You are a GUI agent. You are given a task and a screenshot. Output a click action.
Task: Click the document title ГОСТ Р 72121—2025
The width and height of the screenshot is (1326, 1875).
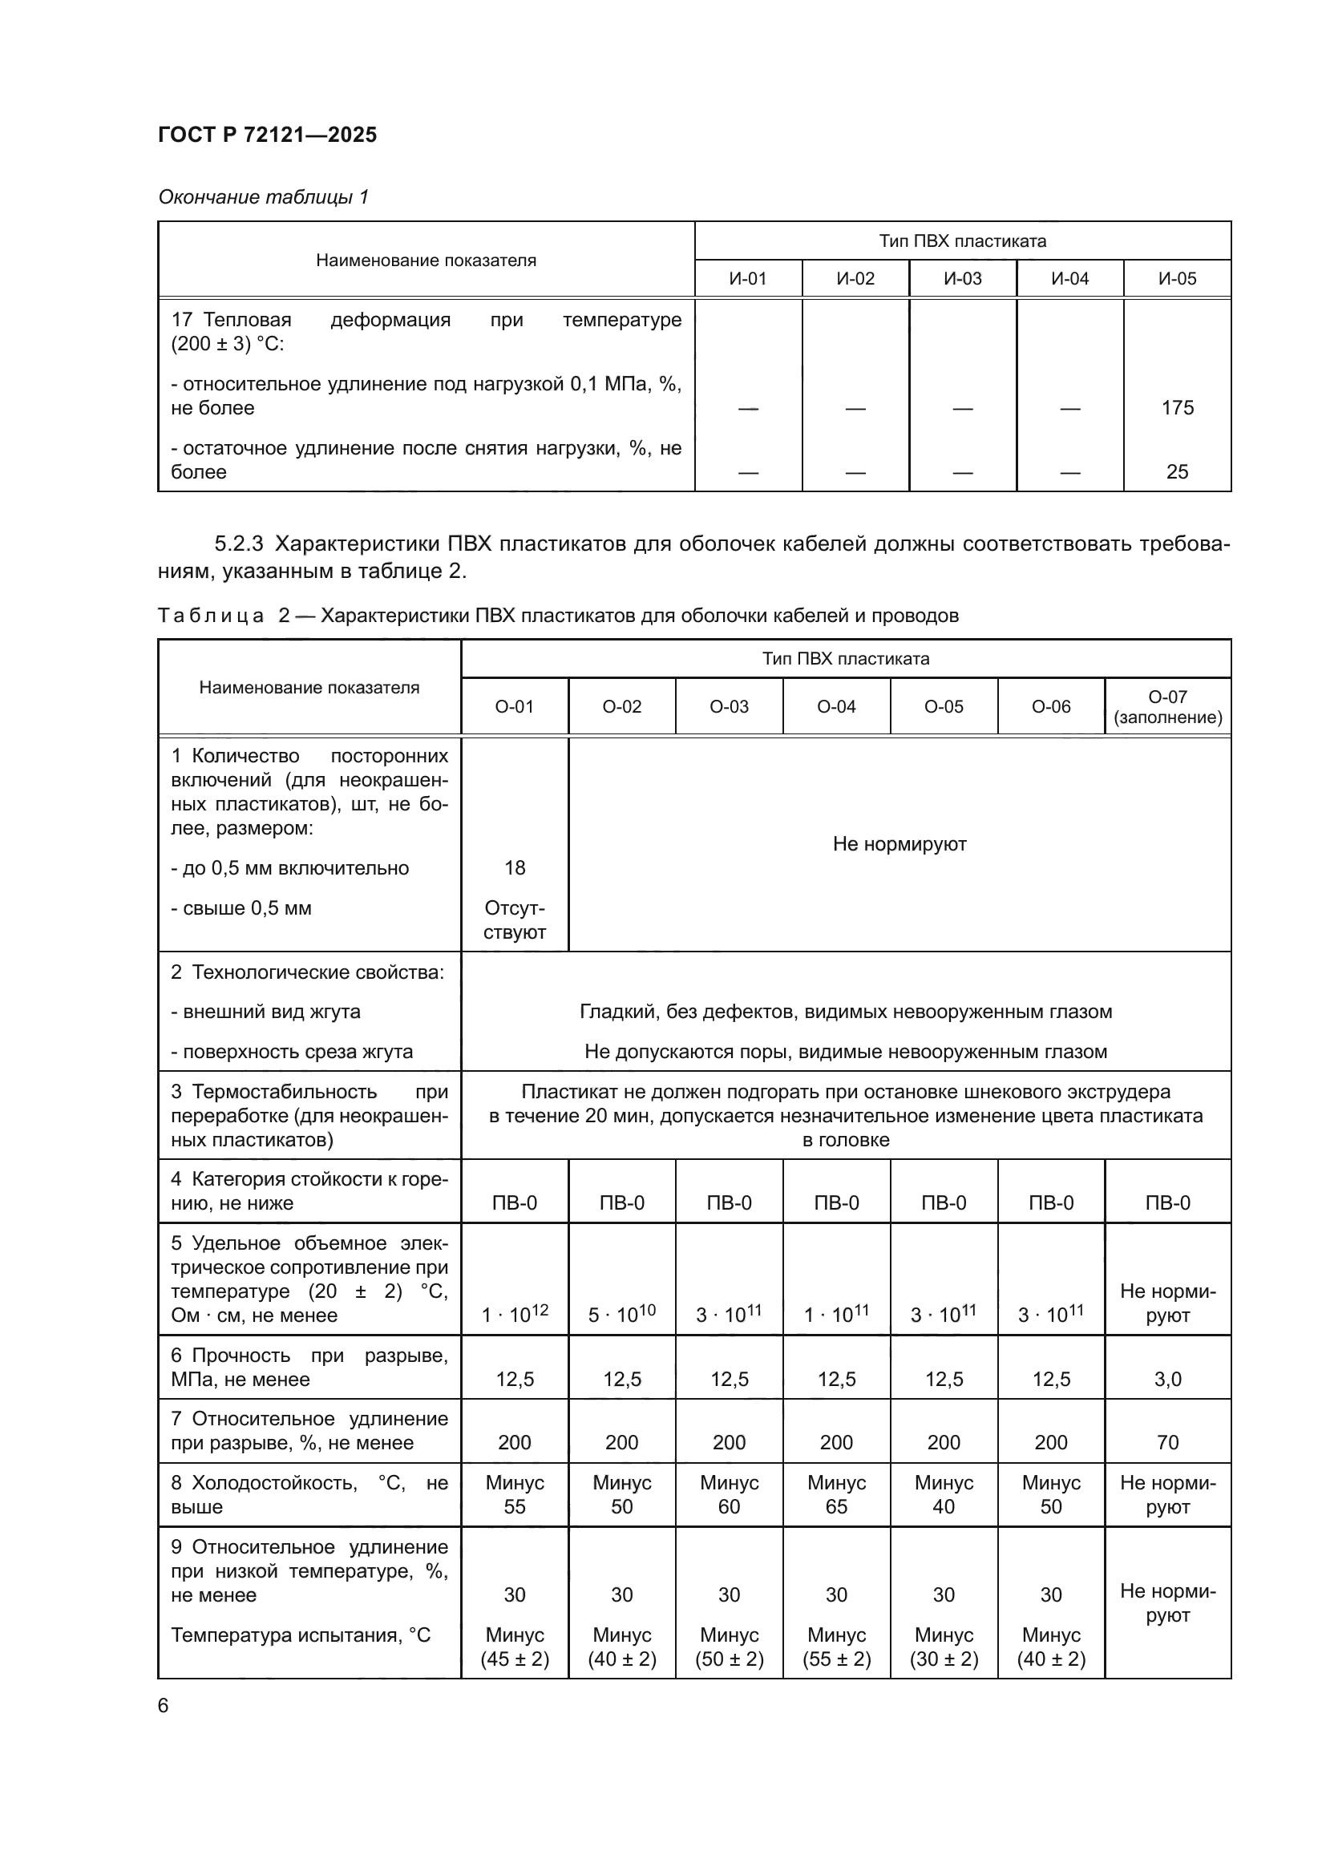coord(267,135)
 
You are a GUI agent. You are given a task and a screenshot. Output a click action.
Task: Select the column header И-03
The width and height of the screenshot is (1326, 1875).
coord(962,278)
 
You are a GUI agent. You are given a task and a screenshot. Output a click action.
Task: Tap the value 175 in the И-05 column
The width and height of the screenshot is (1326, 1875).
coord(1177,407)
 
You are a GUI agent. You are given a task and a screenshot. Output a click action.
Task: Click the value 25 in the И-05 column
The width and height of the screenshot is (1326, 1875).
coord(1177,471)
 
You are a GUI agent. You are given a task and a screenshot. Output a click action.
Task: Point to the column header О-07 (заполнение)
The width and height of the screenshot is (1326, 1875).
coord(1166,706)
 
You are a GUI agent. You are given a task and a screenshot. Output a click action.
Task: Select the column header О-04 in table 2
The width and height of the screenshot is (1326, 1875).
coord(836,706)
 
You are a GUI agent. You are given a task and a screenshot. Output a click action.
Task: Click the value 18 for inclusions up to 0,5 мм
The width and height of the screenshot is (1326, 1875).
coord(515,867)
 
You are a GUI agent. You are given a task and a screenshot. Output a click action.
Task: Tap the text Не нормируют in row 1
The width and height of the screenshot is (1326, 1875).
coord(899,843)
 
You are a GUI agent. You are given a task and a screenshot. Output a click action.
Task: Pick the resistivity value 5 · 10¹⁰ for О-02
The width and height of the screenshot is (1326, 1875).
coord(621,1314)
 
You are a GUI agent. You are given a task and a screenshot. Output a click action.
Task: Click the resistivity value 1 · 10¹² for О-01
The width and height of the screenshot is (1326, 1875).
coord(515,1314)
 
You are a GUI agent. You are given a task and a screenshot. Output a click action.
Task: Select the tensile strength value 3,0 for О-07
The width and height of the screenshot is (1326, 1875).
coord(1166,1380)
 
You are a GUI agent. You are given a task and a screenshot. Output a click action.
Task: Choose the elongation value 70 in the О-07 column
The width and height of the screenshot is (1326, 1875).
coord(1166,1442)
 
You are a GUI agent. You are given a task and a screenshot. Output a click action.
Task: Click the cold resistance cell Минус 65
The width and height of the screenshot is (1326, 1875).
coord(836,1494)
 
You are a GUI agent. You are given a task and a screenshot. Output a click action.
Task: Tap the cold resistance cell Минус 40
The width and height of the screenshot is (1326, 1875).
coord(943,1494)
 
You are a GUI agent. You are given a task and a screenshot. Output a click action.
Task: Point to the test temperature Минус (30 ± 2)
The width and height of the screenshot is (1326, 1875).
coord(943,1647)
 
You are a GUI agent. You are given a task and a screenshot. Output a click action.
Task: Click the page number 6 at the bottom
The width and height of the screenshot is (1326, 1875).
coord(164,1705)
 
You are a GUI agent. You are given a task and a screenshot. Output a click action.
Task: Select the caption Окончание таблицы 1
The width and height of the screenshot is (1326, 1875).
coord(263,197)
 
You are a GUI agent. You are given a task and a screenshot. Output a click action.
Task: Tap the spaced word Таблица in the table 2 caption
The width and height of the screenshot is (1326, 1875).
coord(211,615)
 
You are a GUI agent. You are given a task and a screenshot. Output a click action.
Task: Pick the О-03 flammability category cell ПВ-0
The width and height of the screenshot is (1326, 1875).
coord(728,1202)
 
